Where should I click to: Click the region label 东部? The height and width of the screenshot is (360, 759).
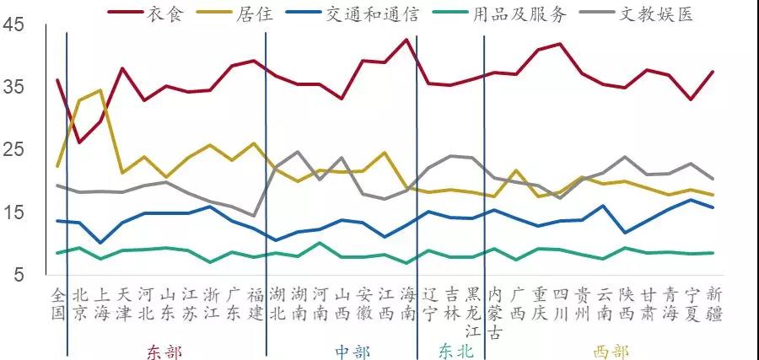pos(164,351)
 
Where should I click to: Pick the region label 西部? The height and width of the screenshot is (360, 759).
pos(611,351)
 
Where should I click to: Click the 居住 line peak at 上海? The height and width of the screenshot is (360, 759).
pos(101,90)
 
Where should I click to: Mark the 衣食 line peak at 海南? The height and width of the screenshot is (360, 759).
pos(407,40)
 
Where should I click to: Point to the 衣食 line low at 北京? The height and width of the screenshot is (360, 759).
pos(79,142)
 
